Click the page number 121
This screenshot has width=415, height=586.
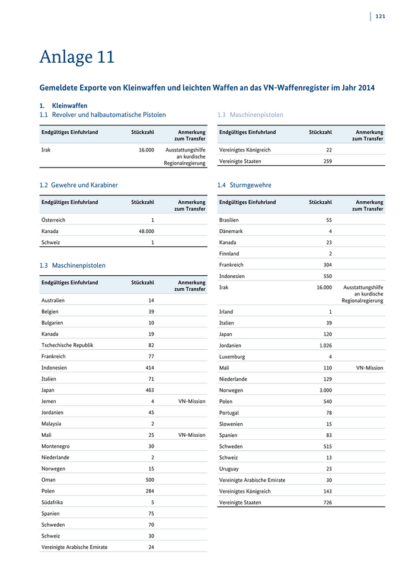380,16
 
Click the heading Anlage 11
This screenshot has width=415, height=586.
77,57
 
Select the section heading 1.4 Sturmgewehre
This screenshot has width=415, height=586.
244,185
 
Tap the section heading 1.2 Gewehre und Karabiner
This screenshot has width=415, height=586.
78,185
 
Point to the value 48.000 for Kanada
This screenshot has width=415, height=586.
146,231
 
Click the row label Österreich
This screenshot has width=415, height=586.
53,220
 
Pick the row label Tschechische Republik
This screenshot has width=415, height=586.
67,345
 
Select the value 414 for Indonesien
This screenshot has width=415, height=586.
149,368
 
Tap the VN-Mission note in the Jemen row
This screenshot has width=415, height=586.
191,401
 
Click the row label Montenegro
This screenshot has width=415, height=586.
56,446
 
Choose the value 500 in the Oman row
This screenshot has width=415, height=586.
149,480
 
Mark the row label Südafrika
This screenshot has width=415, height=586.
52,503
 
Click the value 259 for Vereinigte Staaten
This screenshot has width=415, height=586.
327,161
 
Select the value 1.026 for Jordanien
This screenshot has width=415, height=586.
325,346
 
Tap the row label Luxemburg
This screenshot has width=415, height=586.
232,357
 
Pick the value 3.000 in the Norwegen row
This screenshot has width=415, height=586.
325,391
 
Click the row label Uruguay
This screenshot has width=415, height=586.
229,469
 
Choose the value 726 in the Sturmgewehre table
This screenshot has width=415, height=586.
327,503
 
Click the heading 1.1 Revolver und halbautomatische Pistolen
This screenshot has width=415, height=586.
103,115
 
